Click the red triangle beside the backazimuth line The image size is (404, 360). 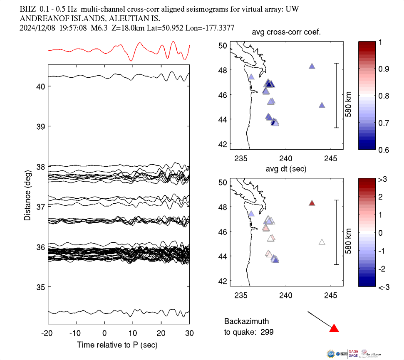click(334, 328)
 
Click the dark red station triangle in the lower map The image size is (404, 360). click(312, 203)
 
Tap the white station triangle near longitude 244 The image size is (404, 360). click(322, 242)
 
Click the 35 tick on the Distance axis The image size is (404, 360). click(40, 287)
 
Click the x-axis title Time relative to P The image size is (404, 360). click(117, 345)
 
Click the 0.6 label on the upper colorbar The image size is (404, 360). click(383, 150)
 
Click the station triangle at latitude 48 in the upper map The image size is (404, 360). click(312, 66)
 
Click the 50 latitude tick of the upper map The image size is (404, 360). click(223, 45)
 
